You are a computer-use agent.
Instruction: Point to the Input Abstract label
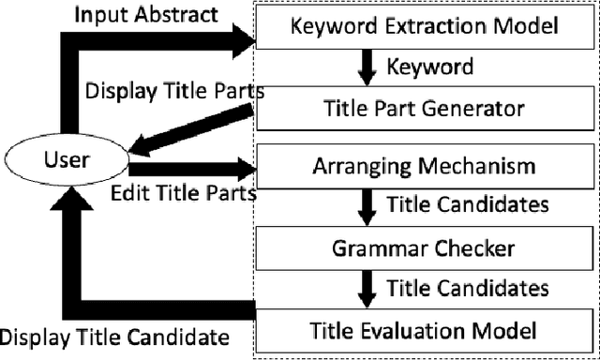[148, 15]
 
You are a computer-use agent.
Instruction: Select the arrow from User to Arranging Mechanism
[192, 171]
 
